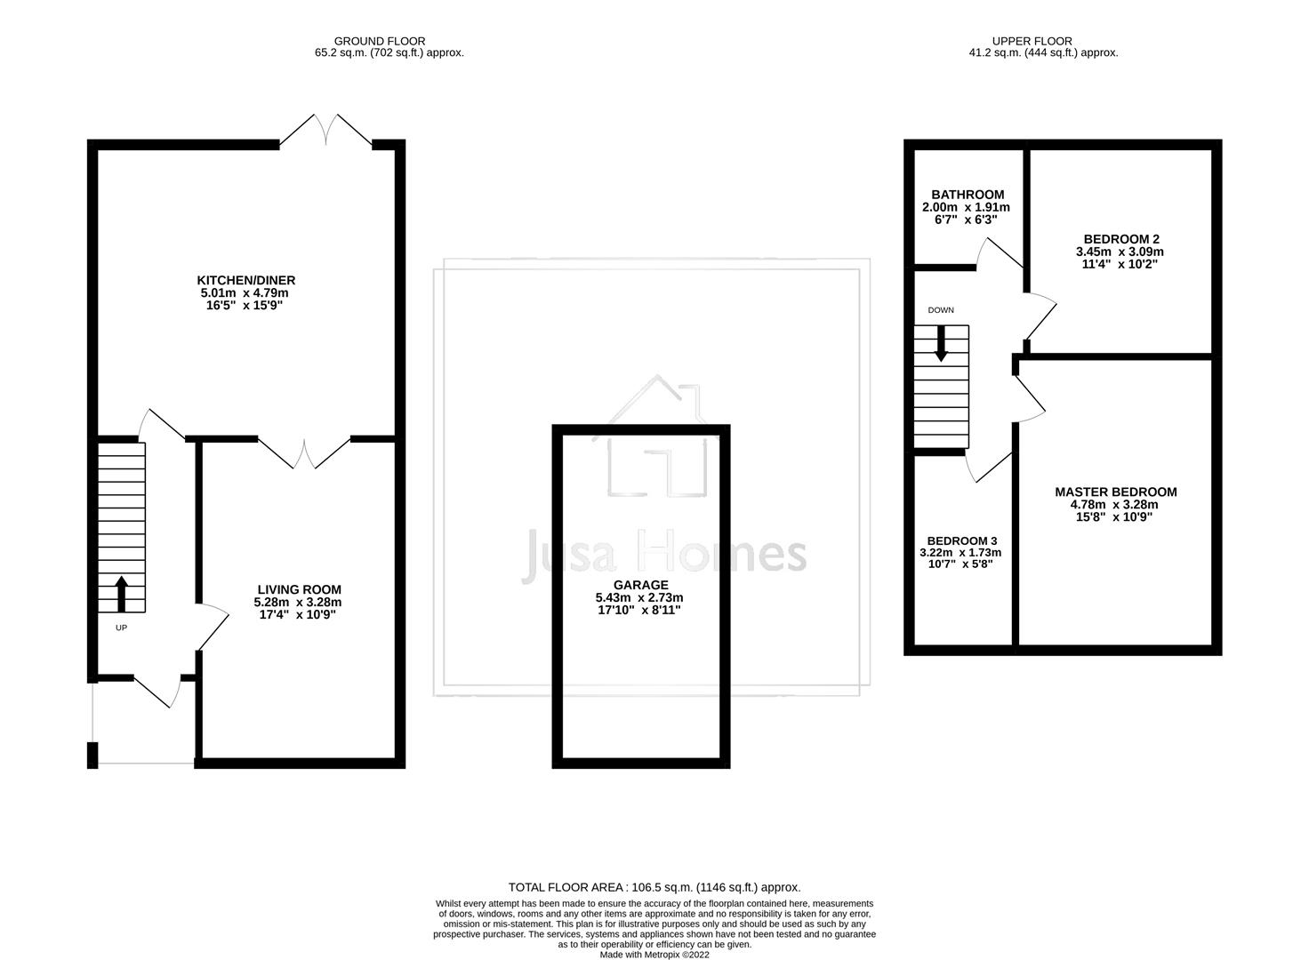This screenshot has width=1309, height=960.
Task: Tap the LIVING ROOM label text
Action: point(299,589)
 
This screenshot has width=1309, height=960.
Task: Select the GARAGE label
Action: point(640,585)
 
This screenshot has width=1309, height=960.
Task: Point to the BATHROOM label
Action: point(968,195)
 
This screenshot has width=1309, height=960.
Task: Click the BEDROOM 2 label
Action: point(1120,239)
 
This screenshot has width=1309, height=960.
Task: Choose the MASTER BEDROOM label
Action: point(1115,492)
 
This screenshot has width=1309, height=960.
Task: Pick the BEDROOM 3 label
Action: point(961,540)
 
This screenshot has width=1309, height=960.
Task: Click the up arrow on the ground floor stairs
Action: point(121,594)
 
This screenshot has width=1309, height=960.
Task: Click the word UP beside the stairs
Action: point(121,628)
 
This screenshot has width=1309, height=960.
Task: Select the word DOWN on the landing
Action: point(940,310)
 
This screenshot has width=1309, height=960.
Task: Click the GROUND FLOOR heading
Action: point(380,41)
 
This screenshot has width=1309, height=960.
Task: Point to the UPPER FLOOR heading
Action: point(1032,41)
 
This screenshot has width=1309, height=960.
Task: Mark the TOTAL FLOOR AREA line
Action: point(654,887)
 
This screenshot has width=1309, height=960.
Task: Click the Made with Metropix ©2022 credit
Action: point(654,955)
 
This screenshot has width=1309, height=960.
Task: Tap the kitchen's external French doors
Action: point(325,130)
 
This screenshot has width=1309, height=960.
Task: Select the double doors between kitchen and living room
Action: point(304,453)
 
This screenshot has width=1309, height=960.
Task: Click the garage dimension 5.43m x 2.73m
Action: point(639,598)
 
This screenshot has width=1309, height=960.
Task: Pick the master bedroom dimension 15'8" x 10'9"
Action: point(1114,516)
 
